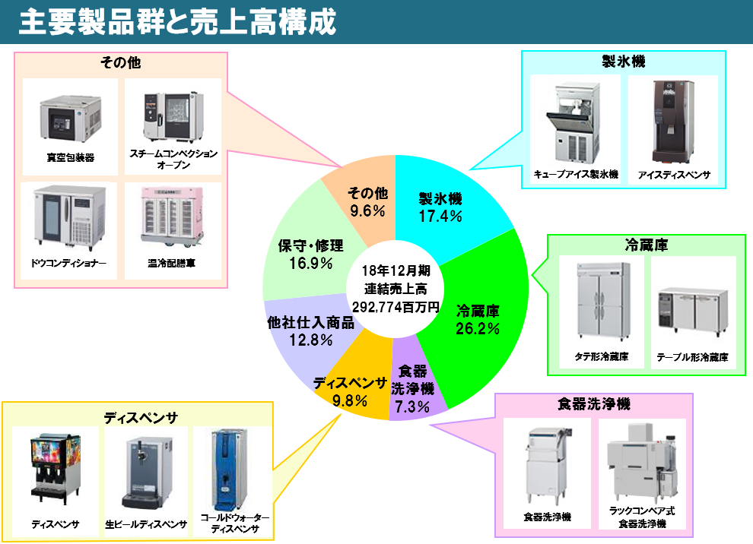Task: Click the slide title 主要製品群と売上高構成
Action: click(x=177, y=21)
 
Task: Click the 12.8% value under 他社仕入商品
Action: click(x=311, y=340)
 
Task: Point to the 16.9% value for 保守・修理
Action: click(x=311, y=263)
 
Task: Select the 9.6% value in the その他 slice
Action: click(x=367, y=210)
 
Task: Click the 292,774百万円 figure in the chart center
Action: click(x=396, y=307)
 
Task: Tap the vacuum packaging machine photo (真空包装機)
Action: click(x=71, y=118)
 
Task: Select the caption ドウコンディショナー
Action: click(x=68, y=263)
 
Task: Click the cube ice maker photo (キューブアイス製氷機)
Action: click(x=573, y=123)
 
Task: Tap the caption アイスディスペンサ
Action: click(x=674, y=175)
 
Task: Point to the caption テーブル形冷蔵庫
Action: click(x=692, y=357)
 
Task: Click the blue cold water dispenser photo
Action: click(x=229, y=470)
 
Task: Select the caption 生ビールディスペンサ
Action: click(x=146, y=524)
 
